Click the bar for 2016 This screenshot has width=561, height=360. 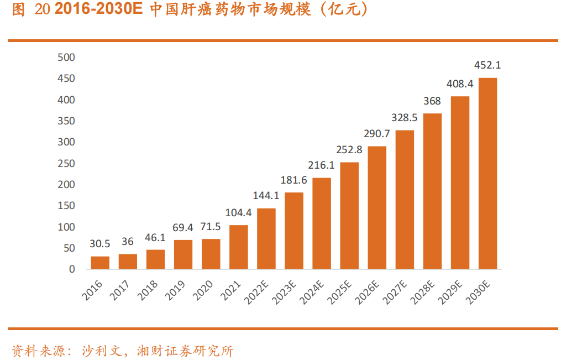pos(100,263)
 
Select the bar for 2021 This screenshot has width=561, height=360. pos(238,247)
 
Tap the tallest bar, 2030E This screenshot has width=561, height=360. pos(487,174)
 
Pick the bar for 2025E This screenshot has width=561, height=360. pos(349,216)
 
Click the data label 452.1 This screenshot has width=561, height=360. pos(487,65)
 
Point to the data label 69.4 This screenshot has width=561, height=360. pos(183,227)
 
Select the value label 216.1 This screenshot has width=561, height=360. pos(321,165)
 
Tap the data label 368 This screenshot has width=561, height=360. pos(432,101)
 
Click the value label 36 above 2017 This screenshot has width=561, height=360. pos(128,241)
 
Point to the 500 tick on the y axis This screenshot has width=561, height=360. pos(66,58)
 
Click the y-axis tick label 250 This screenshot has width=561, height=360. pos(66,164)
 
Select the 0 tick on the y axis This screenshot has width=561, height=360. pos(72,269)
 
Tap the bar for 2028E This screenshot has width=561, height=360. pos(432,191)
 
